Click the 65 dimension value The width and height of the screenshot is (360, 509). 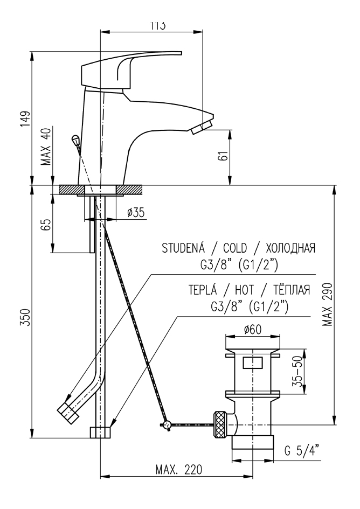pos(46,223)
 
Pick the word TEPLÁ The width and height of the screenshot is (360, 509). pos(199,291)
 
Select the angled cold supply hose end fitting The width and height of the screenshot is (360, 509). pos(67,409)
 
